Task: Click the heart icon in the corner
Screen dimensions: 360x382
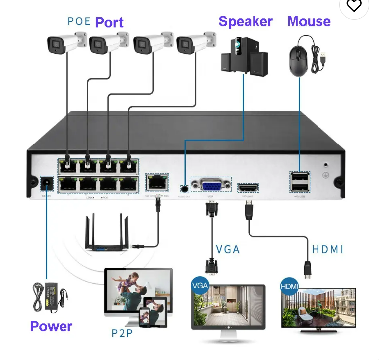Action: (x=354, y=6)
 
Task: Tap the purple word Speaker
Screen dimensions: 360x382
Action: (x=246, y=22)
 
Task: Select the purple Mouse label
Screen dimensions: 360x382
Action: (x=309, y=21)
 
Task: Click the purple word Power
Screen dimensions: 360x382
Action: (x=51, y=326)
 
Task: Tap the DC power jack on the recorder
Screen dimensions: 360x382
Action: (x=47, y=184)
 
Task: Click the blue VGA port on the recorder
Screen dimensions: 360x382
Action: (x=211, y=186)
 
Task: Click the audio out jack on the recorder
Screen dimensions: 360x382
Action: (x=185, y=188)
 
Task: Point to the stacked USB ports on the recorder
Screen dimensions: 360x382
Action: (x=299, y=182)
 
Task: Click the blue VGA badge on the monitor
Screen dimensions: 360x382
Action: (x=200, y=287)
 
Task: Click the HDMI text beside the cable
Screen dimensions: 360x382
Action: (x=327, y=249)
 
